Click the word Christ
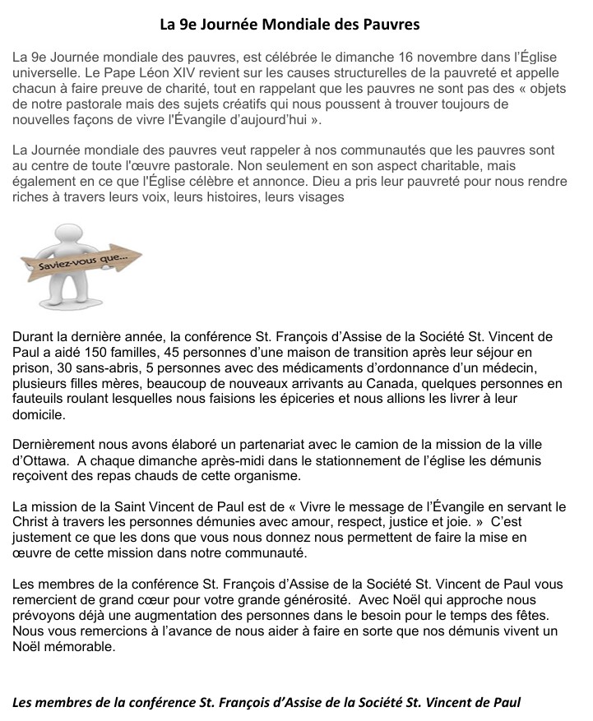[32, 522]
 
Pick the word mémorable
[81, 647]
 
